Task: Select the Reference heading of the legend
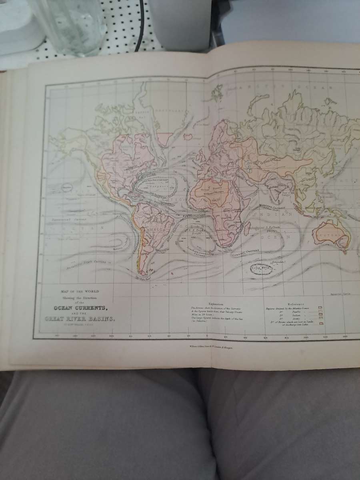pyautogui.click(x=295, y=305)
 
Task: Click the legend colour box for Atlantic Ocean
pyautogui.click(x=320, y=309)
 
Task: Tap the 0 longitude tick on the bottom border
pyautogui.click(x=207, y=336)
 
